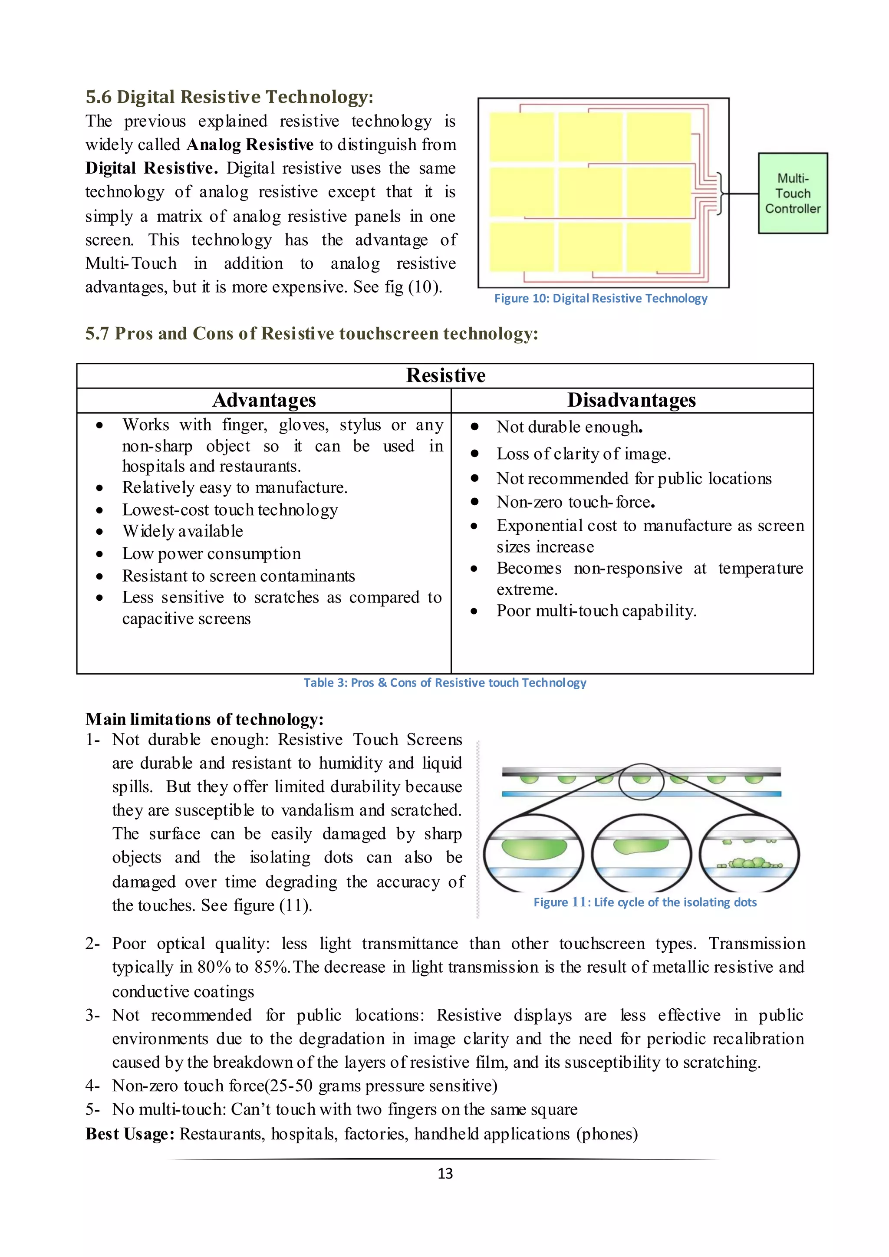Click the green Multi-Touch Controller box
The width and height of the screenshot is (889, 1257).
pyautogui.click(x=792, y=193)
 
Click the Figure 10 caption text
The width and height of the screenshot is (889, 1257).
pyautogui.click(x=600, y=298)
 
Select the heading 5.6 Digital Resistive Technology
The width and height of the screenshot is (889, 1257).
pyautogui.click(x=229, y=97)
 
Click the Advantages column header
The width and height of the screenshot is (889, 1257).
pyautogui.click(x=264, y=400)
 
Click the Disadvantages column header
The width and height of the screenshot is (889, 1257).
pyautogui.click(x=631, y=400)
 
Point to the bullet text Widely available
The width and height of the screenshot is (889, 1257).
pyautogui.click(x=182, y=531)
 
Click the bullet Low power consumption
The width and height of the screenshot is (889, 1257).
pyautogui.click(x=211, y=553)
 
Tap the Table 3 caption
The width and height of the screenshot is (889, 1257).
pyautogui.click(x=444, y=683)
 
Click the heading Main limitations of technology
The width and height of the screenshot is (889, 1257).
pyautogui.click(x=204, y=719)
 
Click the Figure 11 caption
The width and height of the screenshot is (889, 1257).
pyautogui.click(x=645, y=902)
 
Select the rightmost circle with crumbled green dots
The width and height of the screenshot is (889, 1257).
pyautogui.click(x=749, y=854)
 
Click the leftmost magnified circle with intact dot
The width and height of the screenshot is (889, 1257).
pyautogui.click(x=534, y=854)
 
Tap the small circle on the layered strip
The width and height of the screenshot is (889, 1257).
pyautogui.click(x=641, y=782)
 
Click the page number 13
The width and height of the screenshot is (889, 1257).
pyautogui.click(x=445, y=1173)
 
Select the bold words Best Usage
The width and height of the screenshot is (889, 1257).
pyautogui.click(x=130, y=1133)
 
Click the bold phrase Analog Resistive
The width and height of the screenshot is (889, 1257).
pyautogui.click(x=250, y=145)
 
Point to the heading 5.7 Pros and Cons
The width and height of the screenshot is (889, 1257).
pyautogui.click(x=311, y=333)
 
